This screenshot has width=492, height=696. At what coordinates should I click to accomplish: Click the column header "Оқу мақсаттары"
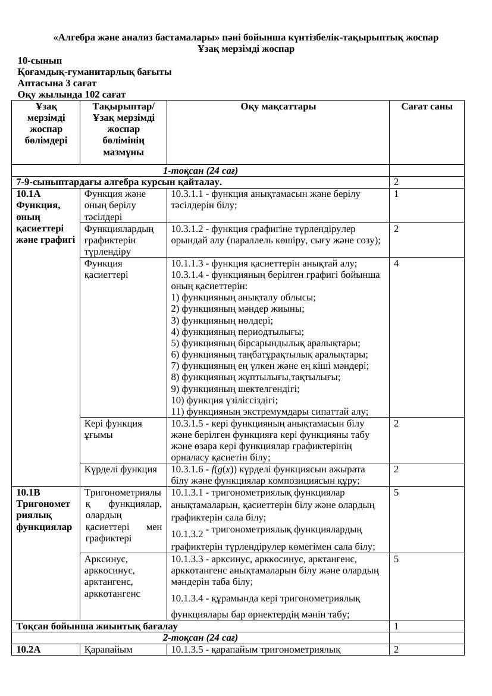click(278, 107)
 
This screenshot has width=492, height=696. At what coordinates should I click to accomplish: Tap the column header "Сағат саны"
click(427, 107)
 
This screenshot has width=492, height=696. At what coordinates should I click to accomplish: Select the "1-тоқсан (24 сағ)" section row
click(200, 171)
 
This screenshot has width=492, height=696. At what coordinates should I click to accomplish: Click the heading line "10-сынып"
click(39, 61)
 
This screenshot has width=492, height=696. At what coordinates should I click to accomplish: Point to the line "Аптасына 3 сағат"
click(57, 83)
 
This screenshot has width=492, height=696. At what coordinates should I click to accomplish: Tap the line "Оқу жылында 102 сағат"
click(71, 95)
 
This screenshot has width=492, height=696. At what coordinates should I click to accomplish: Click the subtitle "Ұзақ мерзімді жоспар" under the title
click(246, 49)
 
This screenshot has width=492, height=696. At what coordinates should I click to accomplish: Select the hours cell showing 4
click(396, 264)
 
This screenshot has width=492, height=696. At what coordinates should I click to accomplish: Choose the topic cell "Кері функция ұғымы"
click(113, 429)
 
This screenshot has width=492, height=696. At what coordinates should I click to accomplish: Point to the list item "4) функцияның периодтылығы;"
click(237, 332)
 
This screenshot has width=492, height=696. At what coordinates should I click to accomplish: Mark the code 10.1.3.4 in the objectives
click(187, 598)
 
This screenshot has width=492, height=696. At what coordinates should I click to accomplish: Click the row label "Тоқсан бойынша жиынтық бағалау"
click(97, 626)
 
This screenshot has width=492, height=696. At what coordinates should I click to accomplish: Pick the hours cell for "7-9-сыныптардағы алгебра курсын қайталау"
click(396, 182)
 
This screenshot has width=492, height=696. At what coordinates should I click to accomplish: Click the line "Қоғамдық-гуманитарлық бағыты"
click(95, 72)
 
